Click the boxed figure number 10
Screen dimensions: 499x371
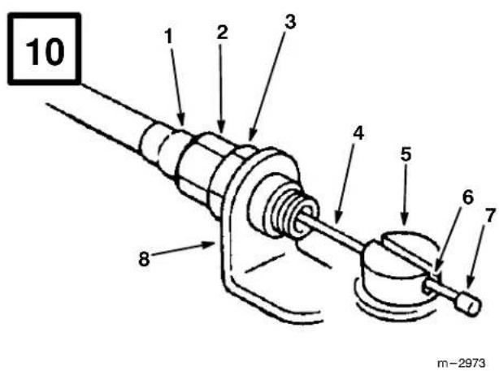(45, 51)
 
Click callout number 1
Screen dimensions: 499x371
(169, 36)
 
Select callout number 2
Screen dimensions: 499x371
(223, 32)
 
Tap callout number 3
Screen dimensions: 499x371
(290, 22)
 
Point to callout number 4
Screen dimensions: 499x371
(358, 132)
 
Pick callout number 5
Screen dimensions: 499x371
(406, 154)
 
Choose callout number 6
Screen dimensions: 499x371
(468, 197)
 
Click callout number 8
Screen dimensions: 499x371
(144, 259)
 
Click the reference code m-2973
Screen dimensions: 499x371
(462, 363)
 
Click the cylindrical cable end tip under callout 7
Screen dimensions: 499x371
(469, 304)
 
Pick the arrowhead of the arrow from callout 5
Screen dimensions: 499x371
(405, 220)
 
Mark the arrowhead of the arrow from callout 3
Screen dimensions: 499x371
(252, 135)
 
